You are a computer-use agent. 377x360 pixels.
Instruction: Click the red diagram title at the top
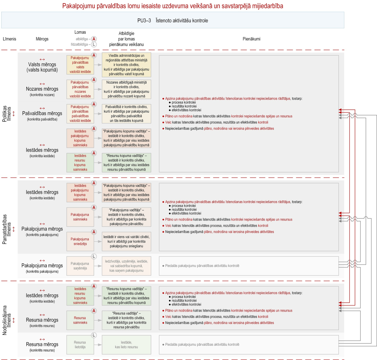[x=172, y=6]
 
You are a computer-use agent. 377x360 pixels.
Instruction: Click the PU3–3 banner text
[x=172, y=20]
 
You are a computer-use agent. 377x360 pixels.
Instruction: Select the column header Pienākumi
[x=251, y=39]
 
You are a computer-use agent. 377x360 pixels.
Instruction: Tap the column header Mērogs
[x=42, y=39]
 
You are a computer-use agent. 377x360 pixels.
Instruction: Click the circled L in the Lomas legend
[x=94, y=44]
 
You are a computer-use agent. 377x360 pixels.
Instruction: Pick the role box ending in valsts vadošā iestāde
[x=80, y=65]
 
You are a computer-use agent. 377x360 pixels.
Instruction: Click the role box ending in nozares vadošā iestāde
[x=80, y=89]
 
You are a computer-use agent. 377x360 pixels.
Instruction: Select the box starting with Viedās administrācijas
[x=126, y=65]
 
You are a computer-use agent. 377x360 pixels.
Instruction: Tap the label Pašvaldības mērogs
[x=42, y=113]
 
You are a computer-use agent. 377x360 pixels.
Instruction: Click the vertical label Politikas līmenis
[x=7, y=114]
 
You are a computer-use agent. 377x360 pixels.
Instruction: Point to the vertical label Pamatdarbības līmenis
[x=7, y=229]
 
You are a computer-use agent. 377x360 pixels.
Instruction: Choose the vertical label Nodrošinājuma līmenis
[x=7, y=320]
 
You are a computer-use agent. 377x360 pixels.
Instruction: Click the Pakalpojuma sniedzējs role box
[x=80, y=241]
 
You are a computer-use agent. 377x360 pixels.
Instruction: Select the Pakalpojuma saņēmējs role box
[x=80, y=266]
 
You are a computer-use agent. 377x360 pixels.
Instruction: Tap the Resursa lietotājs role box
[x=80, y=345]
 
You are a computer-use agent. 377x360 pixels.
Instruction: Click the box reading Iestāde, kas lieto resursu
[x=126, y=345]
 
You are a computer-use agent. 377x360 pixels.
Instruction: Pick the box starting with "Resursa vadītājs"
[x=126, y=320]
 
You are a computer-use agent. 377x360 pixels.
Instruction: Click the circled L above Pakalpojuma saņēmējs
[x=94, y=256]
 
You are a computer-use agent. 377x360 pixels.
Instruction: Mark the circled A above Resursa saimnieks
[x=94, y=311]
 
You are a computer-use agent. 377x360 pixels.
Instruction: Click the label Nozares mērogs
[x=42, y=89]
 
